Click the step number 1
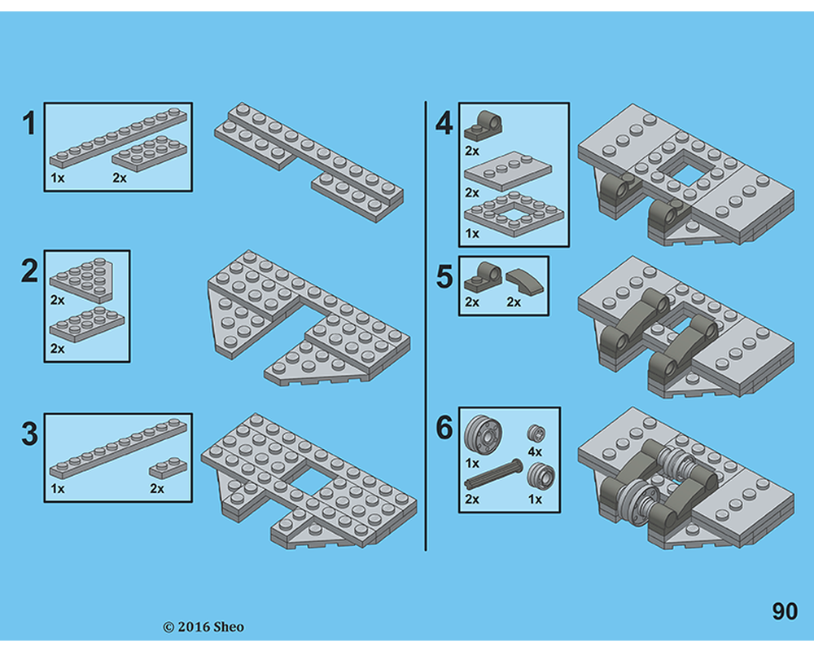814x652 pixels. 29,125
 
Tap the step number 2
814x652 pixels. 29,271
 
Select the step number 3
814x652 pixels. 29,434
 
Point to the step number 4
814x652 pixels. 444,125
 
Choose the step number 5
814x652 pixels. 444,277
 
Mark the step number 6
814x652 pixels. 444,428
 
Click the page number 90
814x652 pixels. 784,612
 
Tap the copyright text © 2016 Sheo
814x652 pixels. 203,627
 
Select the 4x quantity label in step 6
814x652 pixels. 534,451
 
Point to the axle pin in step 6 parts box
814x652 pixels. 493,474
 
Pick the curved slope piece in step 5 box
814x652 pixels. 523,281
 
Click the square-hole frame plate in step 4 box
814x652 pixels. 513,213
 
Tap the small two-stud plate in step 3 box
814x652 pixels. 168,469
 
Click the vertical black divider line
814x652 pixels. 426,326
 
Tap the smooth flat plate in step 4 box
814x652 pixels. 513,173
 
